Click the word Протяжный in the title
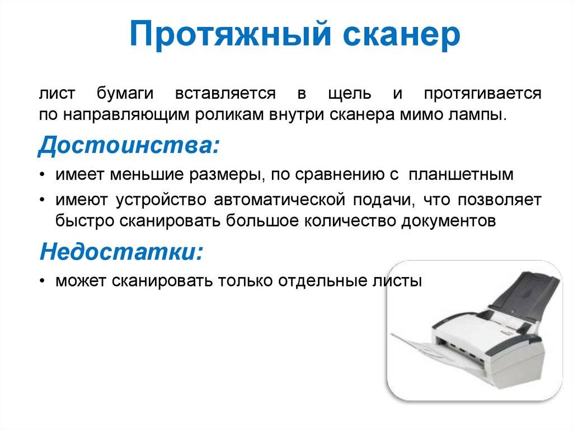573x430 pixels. tap(230, 34)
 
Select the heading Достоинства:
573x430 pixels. tap(129, 145)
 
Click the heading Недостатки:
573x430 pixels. tap(121, 252)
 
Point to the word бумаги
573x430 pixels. tap(125, 94)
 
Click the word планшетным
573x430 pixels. tap(461, 175)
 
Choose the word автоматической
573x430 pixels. tap(280, 200)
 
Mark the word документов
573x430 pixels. tap(448, 221)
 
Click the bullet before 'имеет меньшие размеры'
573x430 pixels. tap(43, 175)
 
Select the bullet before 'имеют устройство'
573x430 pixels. tap(43, 200)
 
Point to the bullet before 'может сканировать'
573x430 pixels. tap(43, 281)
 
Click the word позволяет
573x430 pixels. tap(500, 200)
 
